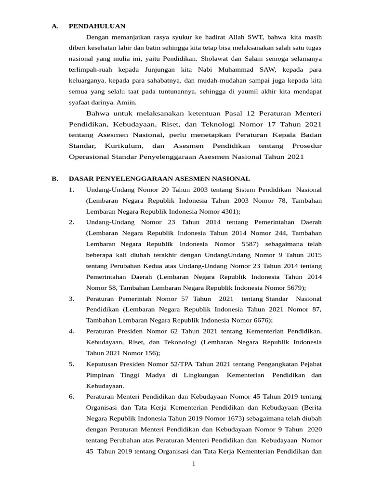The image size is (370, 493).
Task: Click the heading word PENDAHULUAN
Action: [97, 26]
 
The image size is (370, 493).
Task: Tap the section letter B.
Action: [54, 179]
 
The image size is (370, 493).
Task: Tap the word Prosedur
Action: [307, 145]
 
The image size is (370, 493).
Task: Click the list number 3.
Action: [71, 298]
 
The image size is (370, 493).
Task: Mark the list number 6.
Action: [71, 397]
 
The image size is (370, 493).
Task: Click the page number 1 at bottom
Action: [193, 463]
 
